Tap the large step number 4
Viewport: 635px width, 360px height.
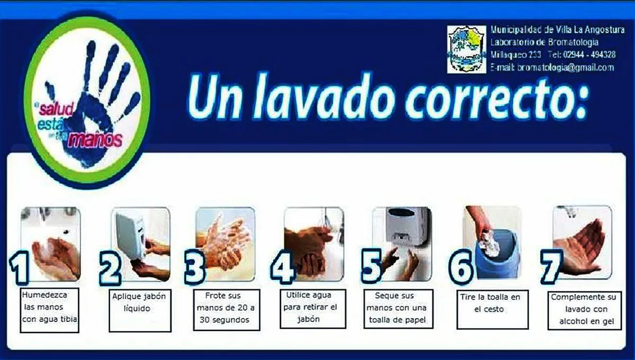pos(282,269)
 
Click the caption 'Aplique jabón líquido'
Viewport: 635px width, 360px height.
pos(139,302)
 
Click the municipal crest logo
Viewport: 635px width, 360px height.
pos(466,49)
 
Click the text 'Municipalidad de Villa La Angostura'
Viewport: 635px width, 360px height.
pos(557,30)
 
